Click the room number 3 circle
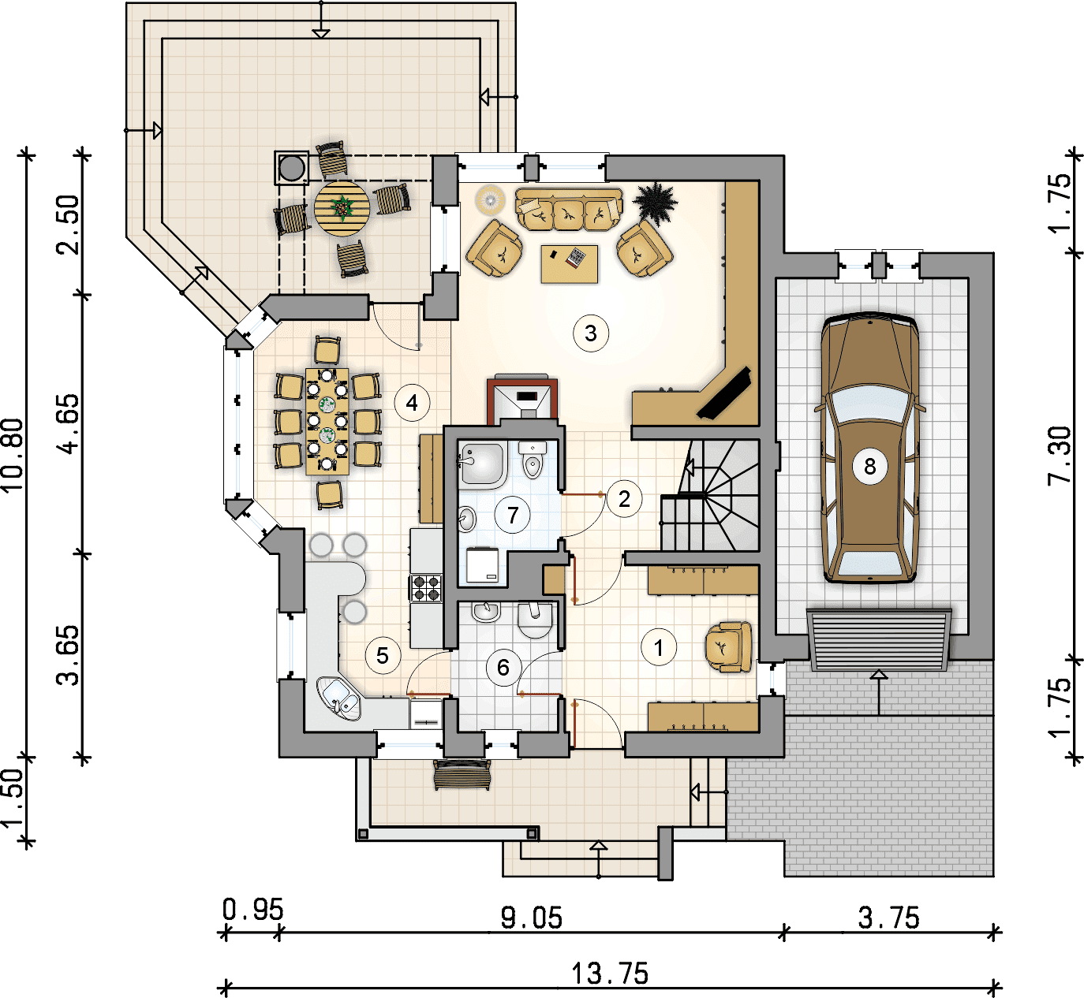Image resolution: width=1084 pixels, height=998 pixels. pos(591,333)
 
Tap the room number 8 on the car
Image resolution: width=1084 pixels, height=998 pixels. pos(869,466)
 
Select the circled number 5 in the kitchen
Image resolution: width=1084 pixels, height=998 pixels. pos(383,656)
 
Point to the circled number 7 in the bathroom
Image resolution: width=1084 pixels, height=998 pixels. pos(513,515)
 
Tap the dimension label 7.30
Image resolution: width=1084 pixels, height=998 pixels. pos(1059,455)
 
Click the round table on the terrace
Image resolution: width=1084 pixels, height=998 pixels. pos(342,208)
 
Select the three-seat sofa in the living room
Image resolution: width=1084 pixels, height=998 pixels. pos(569,209)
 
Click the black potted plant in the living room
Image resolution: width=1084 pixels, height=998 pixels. pos(655,202)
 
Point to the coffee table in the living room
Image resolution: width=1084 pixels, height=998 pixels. pos(570,264)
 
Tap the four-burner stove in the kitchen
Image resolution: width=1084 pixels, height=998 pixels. pos(426,588)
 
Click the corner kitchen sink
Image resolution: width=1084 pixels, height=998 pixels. pos(339,698)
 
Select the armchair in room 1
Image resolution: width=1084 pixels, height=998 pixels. pos(729,647)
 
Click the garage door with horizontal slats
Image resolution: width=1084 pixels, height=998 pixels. pos(879,639)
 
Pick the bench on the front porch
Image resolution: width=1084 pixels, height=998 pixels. pos(462,775)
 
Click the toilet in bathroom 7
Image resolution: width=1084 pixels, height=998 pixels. pos(533,460)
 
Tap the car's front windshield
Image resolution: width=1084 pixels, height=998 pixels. pos(870,404)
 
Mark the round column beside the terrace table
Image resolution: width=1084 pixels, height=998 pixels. pos(292,169)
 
